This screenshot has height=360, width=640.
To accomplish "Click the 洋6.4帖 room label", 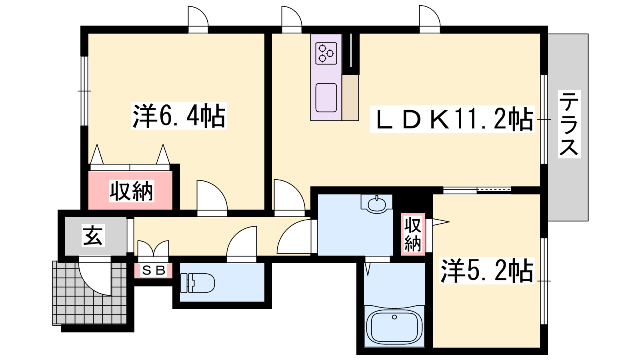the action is click(179, 116).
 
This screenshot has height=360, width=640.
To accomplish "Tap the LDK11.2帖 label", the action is click(452, 119).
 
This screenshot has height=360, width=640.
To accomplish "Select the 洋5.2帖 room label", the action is click(487, 270).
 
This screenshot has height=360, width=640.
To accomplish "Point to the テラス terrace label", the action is click(569, 124).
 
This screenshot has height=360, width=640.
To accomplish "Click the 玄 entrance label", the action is click(93, 235).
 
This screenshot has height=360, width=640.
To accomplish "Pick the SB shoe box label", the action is click(154, 270).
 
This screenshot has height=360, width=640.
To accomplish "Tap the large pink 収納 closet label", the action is click(132, 191).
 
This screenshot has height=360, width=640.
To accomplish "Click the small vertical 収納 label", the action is click(413, 234).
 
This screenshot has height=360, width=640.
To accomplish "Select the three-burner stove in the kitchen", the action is click(326, 54).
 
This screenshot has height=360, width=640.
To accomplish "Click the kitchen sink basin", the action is click(326, 98).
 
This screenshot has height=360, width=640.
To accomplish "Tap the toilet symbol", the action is click(198, 283).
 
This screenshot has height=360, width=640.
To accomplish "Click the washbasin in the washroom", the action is click(376, 204).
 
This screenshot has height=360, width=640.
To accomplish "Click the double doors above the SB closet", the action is click(154, 248).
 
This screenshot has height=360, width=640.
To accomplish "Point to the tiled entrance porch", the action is click(90, 293).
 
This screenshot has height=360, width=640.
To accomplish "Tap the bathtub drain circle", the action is click(394, 317).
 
